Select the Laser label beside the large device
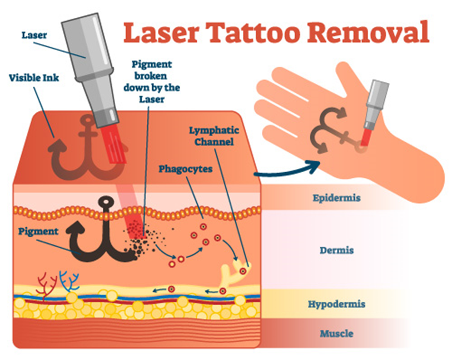pyautogui.click(x=34, y=36)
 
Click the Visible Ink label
pyautogui.click(x=34, y=78)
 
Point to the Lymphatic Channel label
pyautogui.click(x=214, y=136)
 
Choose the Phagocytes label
pyautogui.click(x=186, y=169)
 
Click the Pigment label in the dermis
pyautogui.click(x=38, y=232)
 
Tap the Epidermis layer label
pyautogui.click(x=337, y=198)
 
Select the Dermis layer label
pyautogui.click(x=337, y=250)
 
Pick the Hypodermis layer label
pyautogui.click(x=337, y=304)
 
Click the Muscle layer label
pyautogui.click(x=337, y=333)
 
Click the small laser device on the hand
pyautogui.click(x=374, y=112)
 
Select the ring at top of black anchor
pyautogui.click(x=107, y=201)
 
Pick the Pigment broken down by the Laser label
pyautogui.click(x=152, y=82)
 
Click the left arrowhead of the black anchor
pyautogui.click(x=76, y=228)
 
